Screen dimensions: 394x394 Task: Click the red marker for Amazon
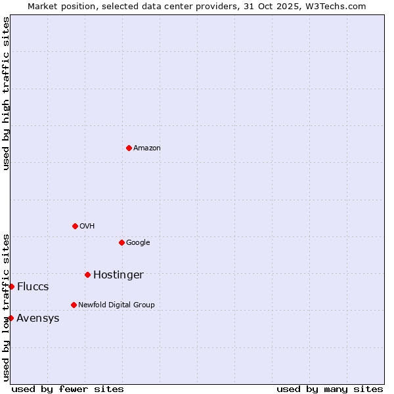(x=129, y=148)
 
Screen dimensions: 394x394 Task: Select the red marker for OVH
(x=75, y=226)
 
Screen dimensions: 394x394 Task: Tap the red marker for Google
(x=121, y=242)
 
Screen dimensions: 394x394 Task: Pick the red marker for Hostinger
(x=87, y=274)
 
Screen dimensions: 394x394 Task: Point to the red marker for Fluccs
(x=11, y=286)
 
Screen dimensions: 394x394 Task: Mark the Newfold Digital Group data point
(x=74, y=305)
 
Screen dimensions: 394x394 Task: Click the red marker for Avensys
(x=11, y=318)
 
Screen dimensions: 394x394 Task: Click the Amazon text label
(x=147, y=148)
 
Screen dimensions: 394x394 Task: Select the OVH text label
(x=87, y=227)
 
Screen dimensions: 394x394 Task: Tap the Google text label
(x=138, y=243)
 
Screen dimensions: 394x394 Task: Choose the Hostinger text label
(x=118, y=275)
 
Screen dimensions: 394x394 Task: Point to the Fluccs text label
(x=33, y=287)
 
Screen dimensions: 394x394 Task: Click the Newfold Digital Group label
(x=116, y=305)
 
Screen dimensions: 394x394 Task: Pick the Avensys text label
(x=38, y=318)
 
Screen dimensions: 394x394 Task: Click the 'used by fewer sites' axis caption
(x=68, y=389)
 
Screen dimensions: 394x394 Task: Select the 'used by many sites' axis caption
(x=330, y=389)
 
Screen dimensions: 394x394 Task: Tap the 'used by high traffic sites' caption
(x=6, y=93)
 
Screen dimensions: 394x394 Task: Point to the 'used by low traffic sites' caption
(x=6, y=307)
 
